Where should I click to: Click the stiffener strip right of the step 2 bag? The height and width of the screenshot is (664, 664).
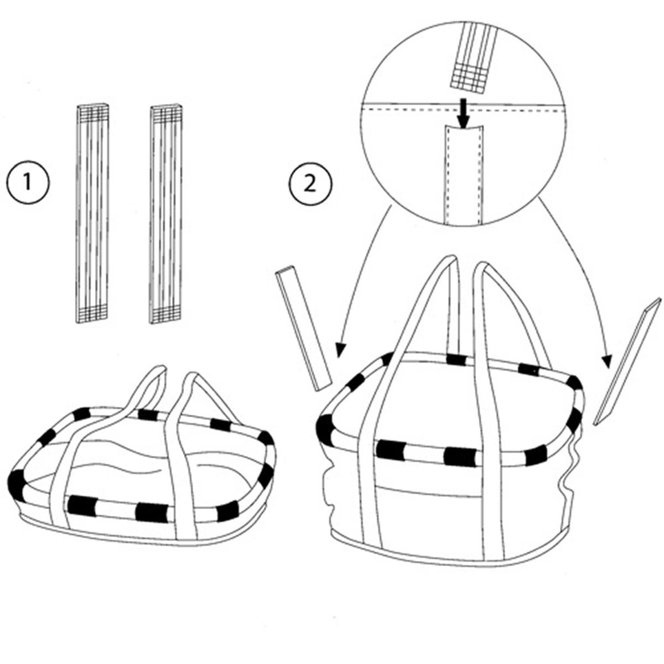pyautogui.click(x=628, y=362)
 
